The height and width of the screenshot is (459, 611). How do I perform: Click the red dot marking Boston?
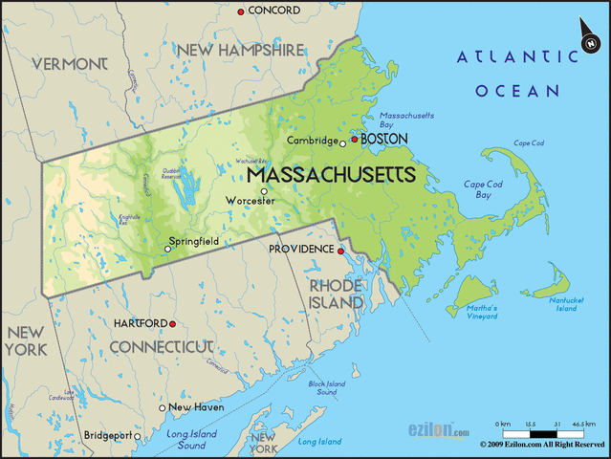tap(354, 140)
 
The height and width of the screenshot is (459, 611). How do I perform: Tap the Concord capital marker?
tap(241, 11)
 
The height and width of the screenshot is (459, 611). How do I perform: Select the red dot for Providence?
tap(340, 251)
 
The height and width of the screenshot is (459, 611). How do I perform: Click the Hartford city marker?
tap(173, 323)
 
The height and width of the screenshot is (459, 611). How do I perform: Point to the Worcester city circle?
tap(265, 191)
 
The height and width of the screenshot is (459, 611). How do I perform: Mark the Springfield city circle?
tap(168, 250)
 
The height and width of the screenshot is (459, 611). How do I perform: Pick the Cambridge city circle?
tap(342, 143)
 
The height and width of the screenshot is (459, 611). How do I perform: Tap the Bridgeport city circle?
tap(138, 437)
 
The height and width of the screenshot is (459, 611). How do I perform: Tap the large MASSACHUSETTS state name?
tap(331, 176)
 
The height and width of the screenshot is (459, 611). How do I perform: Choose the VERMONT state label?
tap(70, 63)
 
